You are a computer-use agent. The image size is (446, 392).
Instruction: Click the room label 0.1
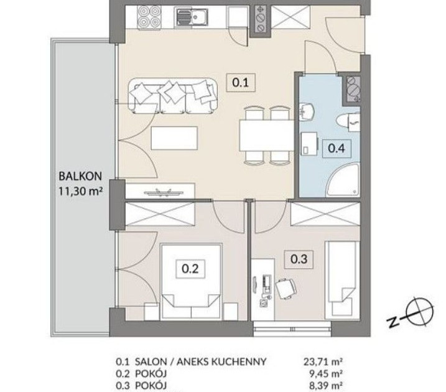(241, 83)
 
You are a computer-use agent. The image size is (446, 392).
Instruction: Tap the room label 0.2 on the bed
(190, 269)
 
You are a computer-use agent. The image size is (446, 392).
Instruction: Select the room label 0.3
(299, 259)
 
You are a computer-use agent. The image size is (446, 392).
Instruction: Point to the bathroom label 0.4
(337, 148)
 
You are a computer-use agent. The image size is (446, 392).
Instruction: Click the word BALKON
(80, 176)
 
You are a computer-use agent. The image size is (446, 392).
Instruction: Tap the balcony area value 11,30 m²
(80, 191)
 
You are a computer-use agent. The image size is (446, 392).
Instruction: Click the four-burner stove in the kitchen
(148, 17)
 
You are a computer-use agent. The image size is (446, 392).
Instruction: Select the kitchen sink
(192, 17)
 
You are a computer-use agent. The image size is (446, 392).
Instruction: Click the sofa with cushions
(173, 96)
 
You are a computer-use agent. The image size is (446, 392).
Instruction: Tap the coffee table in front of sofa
(174, 138)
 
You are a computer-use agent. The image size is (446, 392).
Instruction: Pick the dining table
(267, 136)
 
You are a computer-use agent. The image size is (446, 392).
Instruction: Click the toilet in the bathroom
(348, 122)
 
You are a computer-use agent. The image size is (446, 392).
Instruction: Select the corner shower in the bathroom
(343, 180)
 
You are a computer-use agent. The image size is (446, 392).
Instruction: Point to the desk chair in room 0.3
(286, 288)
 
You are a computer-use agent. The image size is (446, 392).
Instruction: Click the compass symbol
(419, 312)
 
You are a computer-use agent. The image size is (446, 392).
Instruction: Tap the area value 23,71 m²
(323, 362)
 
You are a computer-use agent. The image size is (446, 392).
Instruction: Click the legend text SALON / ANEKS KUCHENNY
(200, 362)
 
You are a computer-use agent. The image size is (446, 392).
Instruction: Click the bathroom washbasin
(307, 110)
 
